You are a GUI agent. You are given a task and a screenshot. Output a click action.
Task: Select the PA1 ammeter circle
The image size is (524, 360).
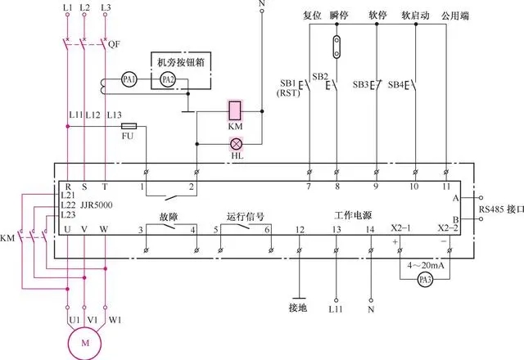pos(128,79)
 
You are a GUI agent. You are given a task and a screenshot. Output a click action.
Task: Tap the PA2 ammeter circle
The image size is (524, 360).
pos(167,79)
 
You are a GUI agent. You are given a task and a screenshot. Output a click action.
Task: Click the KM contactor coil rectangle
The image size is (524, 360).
pos(235,110)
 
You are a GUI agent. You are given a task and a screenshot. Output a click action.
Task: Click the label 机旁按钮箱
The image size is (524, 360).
pos(180,61)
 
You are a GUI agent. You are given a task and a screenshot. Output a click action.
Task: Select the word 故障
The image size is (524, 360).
pos(170,216)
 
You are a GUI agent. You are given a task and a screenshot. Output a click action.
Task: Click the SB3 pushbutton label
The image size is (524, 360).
pos(361,83)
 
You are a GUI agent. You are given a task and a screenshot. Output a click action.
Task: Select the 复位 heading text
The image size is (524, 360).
pos(311,15)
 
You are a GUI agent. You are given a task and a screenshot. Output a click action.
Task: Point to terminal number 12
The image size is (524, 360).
pos(300,230)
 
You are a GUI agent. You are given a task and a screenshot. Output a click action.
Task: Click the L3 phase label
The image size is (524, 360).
pos(105,8)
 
